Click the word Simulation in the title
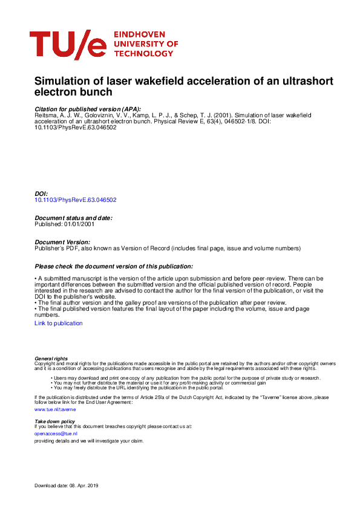[x=63, y=81]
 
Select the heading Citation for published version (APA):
[x=88, y=108]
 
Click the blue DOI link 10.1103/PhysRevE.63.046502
[x=76, y=199]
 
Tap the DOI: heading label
[x=41, y=193]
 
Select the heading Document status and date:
[x=73, y=218]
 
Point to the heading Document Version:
[x=63, y=242]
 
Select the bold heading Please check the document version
[x=114, y=266]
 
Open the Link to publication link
[x=59, y=323]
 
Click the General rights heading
[x=51, y=358]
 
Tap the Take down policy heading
[x=54, y=421]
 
